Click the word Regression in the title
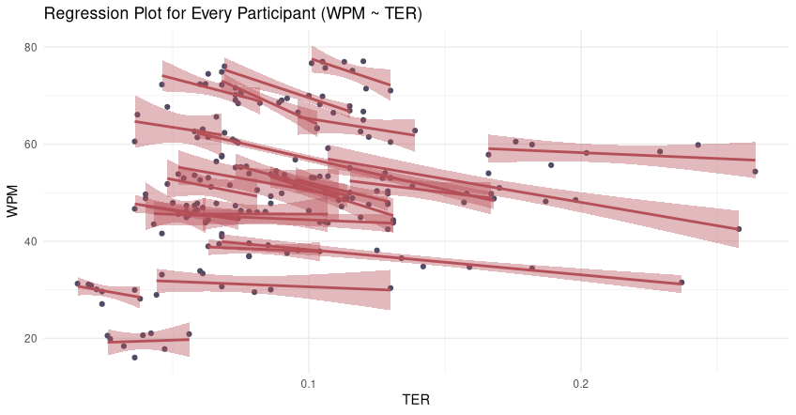(x=83, y=14)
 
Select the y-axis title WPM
(x=14, y=201)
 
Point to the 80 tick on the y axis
(x=29, y=47)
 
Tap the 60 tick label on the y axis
(x=29, y=145)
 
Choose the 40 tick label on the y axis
(x=29, y=241)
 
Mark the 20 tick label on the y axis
(x=29, y=339)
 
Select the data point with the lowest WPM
(x=134, y=358)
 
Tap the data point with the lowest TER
(x=78, y=284)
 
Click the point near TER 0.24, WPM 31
(x=681, y=283)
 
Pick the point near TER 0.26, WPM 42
(x=739, y=229)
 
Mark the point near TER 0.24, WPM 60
(x=697, y=145)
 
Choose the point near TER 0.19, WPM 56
(x=551, y=165)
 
